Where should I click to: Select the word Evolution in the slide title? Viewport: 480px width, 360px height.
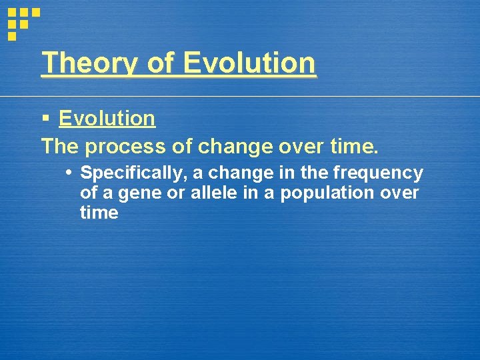click(249, 63)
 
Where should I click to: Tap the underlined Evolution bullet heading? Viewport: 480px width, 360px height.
click(107, 119)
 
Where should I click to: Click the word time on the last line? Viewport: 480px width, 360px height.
click(99, 213)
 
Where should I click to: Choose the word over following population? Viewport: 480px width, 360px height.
click(399, 193)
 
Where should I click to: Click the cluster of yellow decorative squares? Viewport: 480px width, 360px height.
click(22, 21)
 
